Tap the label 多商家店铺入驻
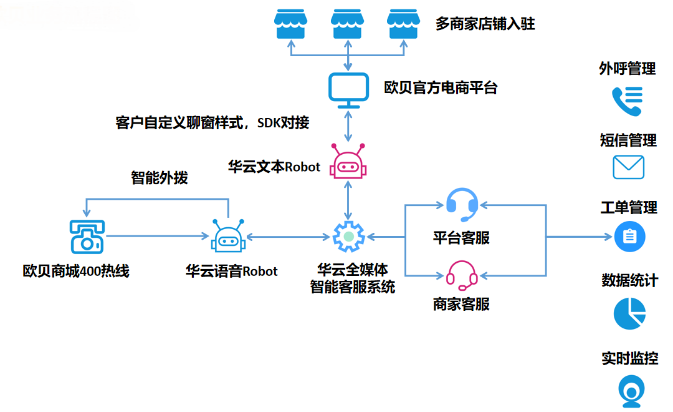485,24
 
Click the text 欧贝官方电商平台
441,87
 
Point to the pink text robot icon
348,163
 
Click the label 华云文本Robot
274,167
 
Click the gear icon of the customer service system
348,237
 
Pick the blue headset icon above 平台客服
462,204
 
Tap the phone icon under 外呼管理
627,101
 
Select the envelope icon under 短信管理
628,167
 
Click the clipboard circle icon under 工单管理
629,237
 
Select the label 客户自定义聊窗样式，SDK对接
212,122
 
